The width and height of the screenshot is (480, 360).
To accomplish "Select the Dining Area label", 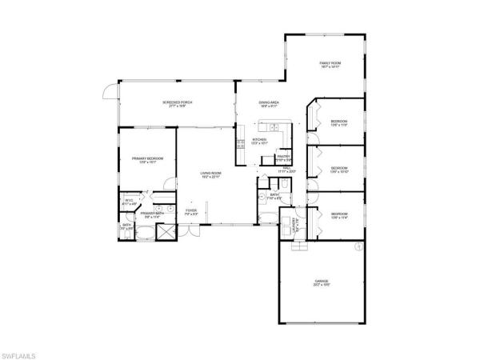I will coord(268,102).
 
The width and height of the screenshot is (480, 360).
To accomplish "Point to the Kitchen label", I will coord(258,139).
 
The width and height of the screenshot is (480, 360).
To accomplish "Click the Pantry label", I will coord(283,156).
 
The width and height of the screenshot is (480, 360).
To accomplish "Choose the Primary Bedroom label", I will coord(147,158).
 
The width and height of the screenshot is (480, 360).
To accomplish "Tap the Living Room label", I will coord(210,173).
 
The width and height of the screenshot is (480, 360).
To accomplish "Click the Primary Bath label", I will coord(152,213).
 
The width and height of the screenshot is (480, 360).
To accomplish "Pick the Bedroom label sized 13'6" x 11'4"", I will coord(338,214).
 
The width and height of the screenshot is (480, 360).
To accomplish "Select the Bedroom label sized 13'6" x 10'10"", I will coord(338,168).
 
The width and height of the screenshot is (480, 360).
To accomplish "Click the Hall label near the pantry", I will coord(286,168).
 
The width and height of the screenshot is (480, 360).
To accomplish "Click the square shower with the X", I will coord(166,232).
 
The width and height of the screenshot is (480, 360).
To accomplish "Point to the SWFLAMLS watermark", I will coord(21,351).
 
